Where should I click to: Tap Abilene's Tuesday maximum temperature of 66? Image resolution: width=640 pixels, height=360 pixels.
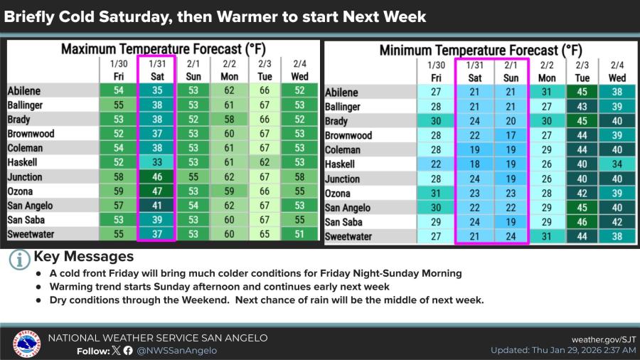[265, 91]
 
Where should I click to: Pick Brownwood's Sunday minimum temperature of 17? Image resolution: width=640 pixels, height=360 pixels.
[511, 135]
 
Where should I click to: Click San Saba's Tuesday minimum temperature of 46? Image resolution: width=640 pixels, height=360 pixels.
[582, 222]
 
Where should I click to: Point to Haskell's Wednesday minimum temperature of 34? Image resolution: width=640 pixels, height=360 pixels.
[617, 164]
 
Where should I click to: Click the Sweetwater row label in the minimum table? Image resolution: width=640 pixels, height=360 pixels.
[348, 236]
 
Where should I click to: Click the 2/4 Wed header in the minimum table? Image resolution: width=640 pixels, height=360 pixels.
[617, 71]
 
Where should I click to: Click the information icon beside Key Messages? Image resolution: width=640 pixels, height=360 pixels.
[19, 259]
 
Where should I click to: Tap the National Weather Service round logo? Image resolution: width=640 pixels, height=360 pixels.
[26, 344]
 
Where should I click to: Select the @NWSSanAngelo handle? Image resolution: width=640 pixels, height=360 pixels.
[176, 350]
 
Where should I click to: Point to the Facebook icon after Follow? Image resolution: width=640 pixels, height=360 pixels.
[128, 350]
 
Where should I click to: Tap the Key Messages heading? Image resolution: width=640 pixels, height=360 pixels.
[84, 256]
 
